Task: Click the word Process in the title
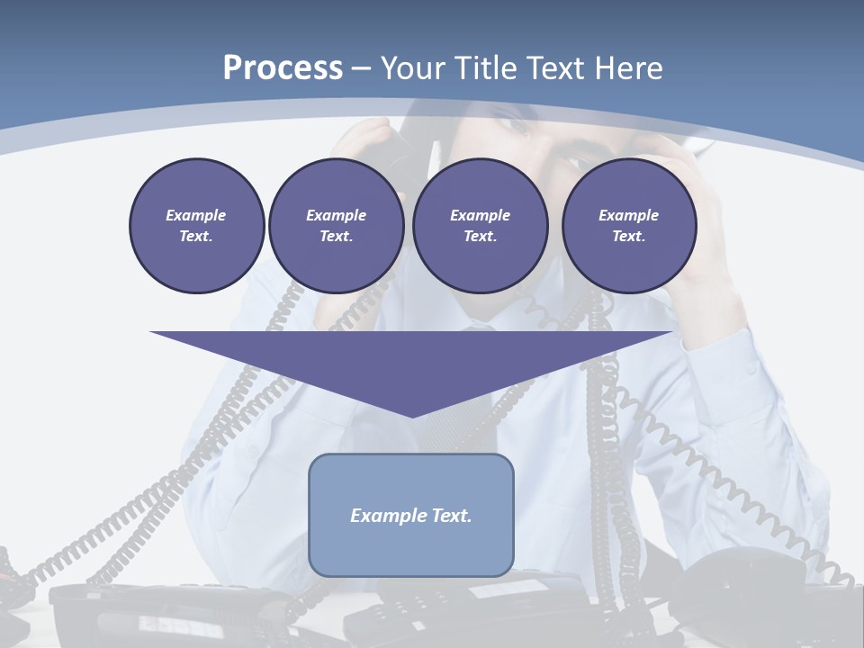point(283,68)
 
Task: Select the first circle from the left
point(196,225)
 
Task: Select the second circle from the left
point(336,225)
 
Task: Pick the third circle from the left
point(480,225)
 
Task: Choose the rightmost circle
point(628,225)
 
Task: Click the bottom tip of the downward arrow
point(411,416)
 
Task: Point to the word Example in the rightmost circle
point(628,215)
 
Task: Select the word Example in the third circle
point(480,215)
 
